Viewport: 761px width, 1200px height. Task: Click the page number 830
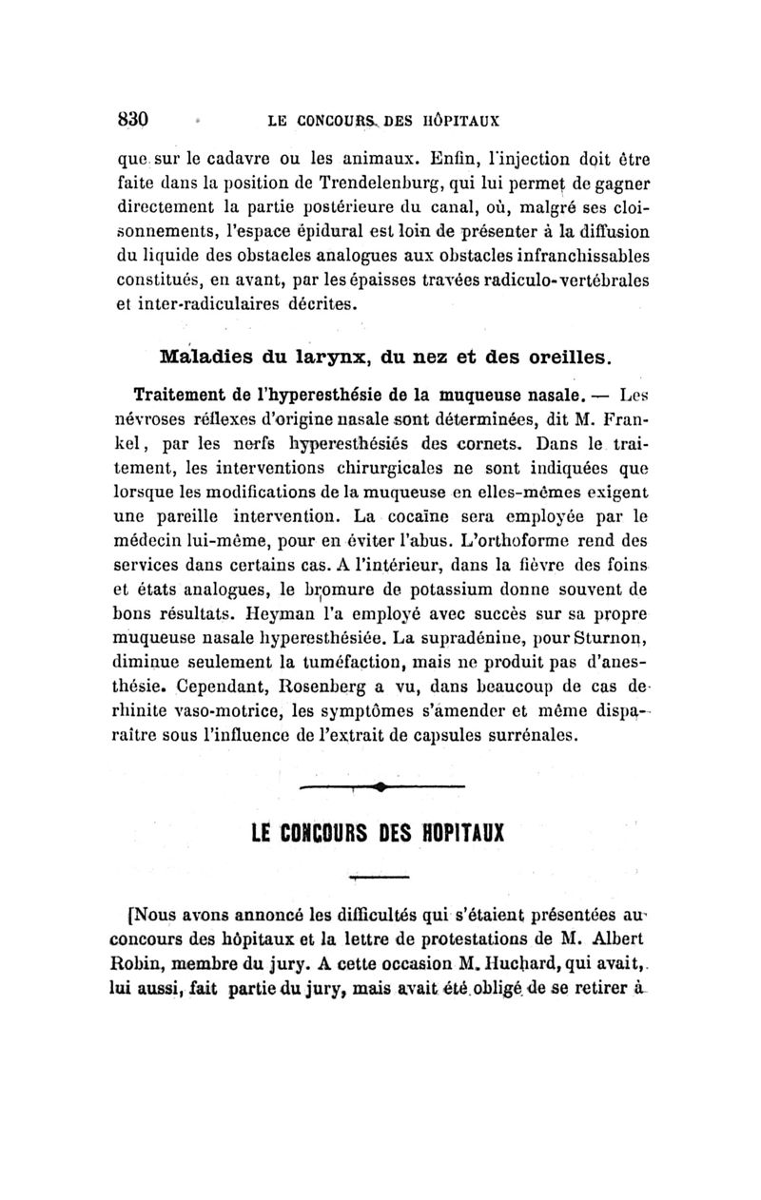(x=134, y=121)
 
